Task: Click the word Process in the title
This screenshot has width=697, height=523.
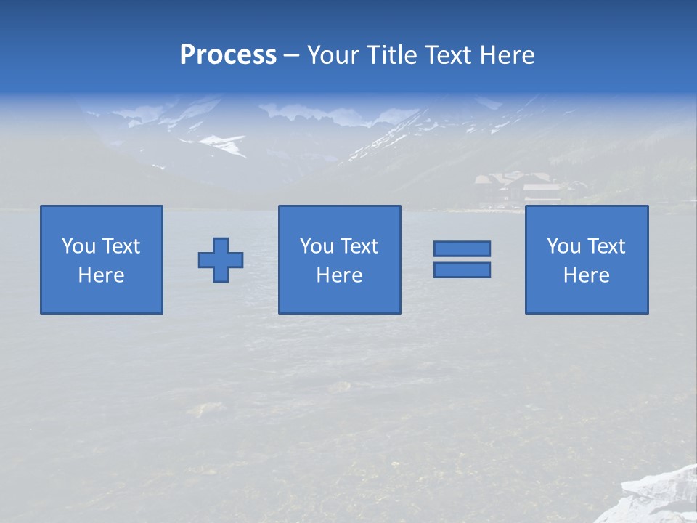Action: click(x=228, y=54)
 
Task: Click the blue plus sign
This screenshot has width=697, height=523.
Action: click(x=221, y=259)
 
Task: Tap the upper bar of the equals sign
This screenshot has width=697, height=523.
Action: click(x=462, y=248)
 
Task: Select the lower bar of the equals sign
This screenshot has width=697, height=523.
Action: click(x=462, y=269)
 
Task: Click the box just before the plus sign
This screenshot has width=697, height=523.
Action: click(x=102, y=259)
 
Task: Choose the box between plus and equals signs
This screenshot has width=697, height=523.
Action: click(x=339, y=259)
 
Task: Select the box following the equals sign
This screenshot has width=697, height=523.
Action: click(x=586, y=259)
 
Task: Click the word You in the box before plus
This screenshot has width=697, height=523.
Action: click(x=78, y=246)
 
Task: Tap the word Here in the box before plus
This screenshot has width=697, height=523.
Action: click(x=102, y=275)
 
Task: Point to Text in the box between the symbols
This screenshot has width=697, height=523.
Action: click(x=359, y=246)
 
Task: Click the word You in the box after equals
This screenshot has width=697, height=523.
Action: click(x=563, y=246)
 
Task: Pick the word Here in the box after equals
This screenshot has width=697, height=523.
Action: click(x=586, y=275)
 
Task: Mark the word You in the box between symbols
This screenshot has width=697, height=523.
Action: click(x=317, y=246)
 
